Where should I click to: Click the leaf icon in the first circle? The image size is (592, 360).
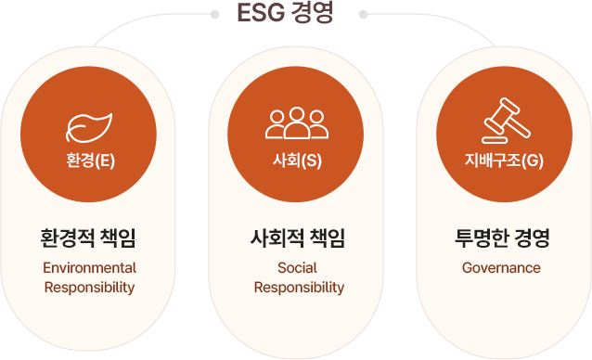pyautogui.click(x=89, y=123)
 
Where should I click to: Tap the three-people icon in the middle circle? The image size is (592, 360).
pyautogui.click(x=297, y=123)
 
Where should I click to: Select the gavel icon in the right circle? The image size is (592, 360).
pyautogui.click(x=504, y=123)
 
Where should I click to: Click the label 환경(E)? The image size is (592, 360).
pyautogui.click(x=90, y=161)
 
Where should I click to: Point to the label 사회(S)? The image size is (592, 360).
pyautogui.click(x=297, y=161)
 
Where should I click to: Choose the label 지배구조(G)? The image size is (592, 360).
pyautogui.click(x=504, y=161)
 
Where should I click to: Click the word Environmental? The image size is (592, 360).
pyautogui.click(x=89, y=267)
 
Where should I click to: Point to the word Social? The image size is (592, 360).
pyautogui.click(x=297, y=267)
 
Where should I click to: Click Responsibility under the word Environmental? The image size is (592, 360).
pyautogui.click(x=89, y=287)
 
